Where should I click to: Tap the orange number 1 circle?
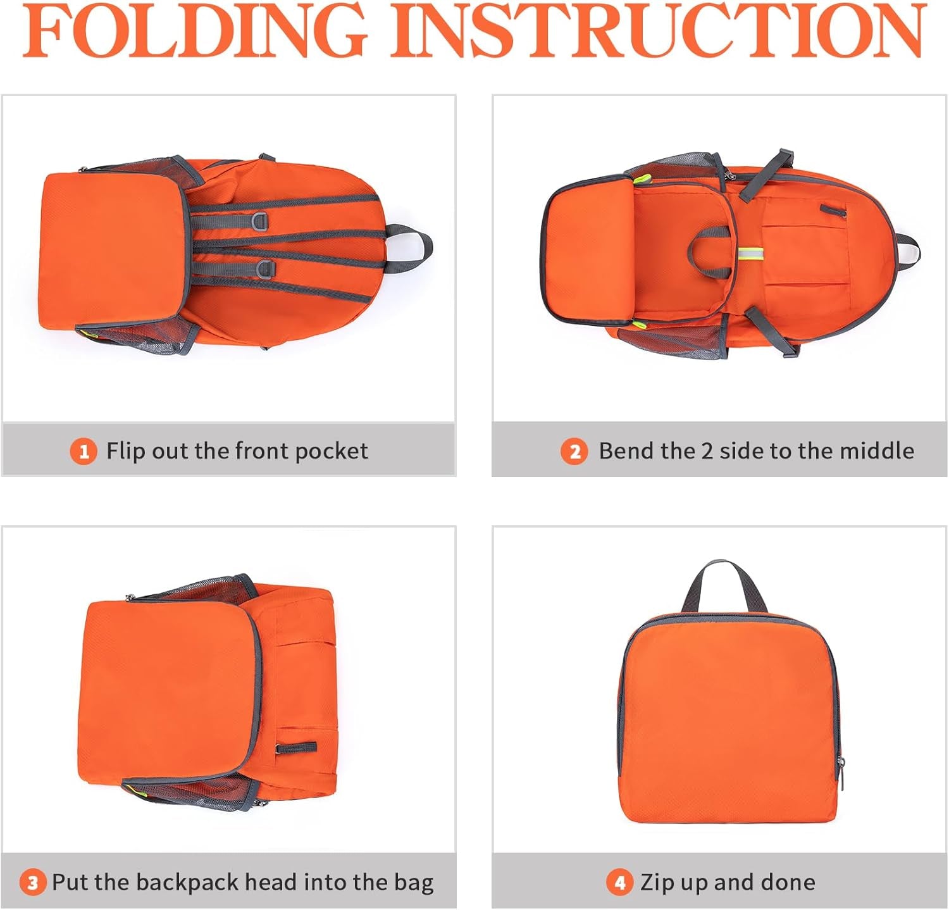coord(83,452)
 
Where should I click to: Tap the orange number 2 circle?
coord(574,452)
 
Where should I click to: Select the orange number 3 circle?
coord(33,883)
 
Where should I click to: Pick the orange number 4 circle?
coord(620,883)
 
